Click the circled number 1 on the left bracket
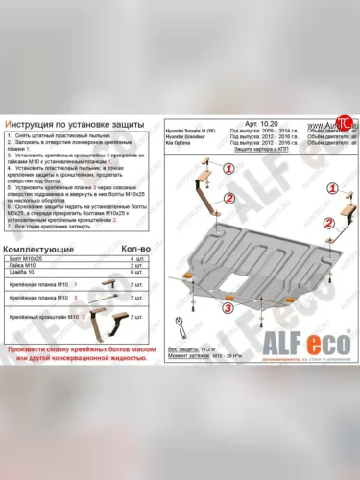coord(228,167)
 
